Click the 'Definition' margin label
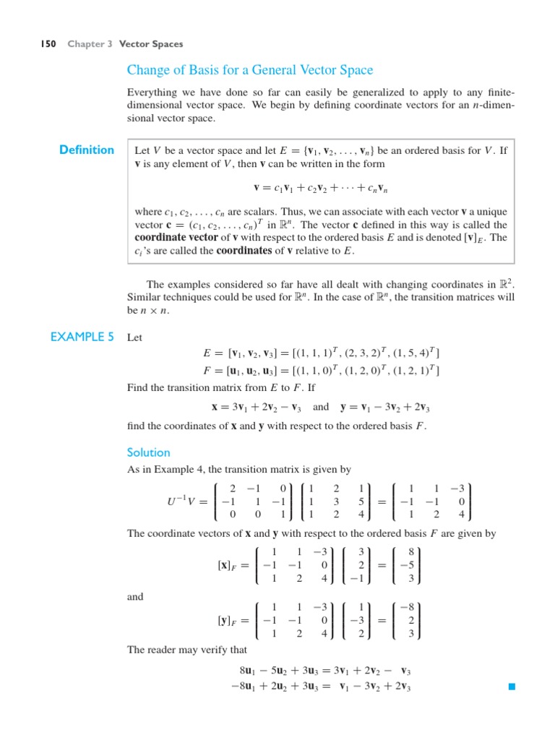pyautogui.click(x=87, y=150)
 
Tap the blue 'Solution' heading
pyautogui.click(x=148, y=452)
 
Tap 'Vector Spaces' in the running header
pyautogui.click(x=151, y=44)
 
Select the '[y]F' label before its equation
pyautogui.click(x=229, y=620)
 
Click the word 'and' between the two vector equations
pyautogui.click(x=135, y=597)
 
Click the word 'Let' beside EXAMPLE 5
pyautogui.click(x=135, y=337)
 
